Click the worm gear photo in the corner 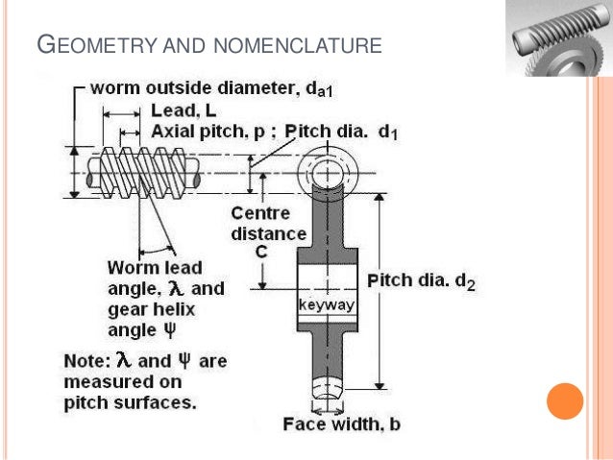(552, 39)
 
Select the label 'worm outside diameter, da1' (211, 88)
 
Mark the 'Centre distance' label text (268, 225)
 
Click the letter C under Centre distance (261, 252)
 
